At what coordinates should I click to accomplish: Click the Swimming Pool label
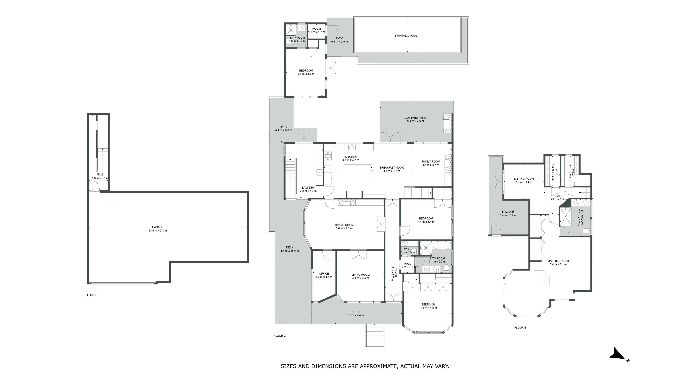tap(406, 36)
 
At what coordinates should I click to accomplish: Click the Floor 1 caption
tap(93, 295)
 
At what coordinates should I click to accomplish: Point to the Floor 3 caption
tap(520, 327)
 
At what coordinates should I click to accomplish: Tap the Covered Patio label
tap(415, 118)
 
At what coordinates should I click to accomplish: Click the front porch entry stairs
tap(375, 335)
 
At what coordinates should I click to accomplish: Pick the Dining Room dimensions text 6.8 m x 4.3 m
tap(344, 228)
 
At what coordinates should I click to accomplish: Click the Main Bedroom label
tap(558, 261)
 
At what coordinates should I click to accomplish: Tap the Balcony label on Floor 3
tap(508, 212)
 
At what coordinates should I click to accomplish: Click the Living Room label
tap(361, 275)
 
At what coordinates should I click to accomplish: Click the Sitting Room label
tap(524, 179)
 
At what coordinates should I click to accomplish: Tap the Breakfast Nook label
tap(392, 168)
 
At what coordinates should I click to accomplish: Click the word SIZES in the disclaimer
tap(288, 366)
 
